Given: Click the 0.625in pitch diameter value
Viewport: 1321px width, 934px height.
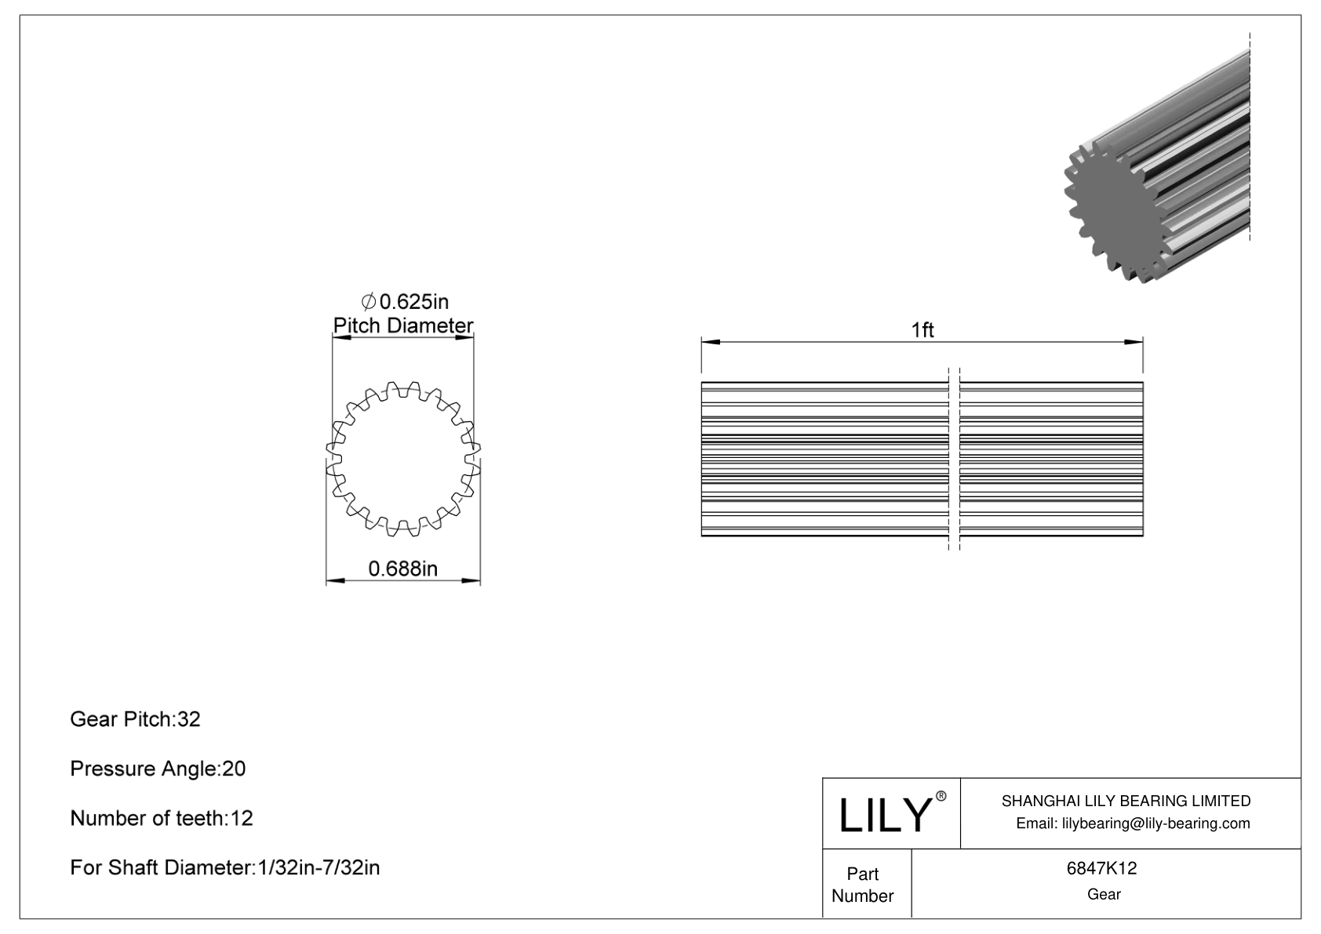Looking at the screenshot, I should tap(405, 301).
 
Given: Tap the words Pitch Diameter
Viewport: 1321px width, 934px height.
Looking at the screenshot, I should tap(403, 325).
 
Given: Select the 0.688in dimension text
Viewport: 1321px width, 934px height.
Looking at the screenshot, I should tap(403, 569).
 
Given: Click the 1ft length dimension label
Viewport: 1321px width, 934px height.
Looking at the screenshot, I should tap(923, 330).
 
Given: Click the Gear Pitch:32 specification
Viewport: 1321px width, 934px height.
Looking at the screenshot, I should tap(135, 719).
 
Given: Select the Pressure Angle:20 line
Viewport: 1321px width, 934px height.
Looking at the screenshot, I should tap(158, 769).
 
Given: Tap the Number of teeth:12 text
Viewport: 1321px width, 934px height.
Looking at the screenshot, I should tap(162, 818).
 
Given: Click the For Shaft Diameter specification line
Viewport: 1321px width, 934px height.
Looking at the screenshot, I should tap(225, 867).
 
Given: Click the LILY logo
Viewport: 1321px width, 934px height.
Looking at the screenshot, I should tap(883, 815).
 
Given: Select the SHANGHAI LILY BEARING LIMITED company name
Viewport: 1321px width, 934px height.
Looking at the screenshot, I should tap(1126, 801).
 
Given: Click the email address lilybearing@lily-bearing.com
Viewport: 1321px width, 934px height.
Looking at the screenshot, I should tap(1133, 823).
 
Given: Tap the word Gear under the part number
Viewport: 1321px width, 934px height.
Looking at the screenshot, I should tap(1104, 894).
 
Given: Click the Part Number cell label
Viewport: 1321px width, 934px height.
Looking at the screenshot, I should tap(863, 885).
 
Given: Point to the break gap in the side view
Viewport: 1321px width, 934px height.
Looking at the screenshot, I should tap(954, 459).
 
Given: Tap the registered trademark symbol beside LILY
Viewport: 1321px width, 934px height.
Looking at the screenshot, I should tap(941, 796).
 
